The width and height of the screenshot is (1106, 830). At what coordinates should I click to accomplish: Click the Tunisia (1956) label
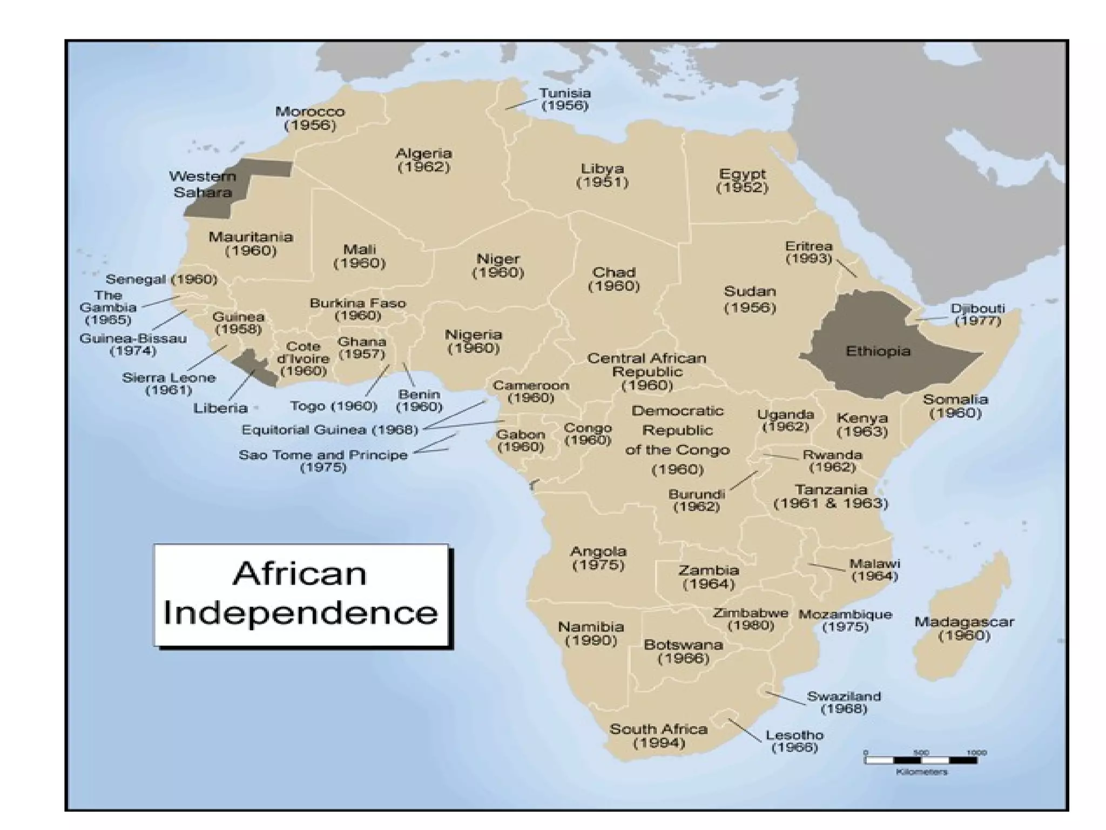coord(565,99)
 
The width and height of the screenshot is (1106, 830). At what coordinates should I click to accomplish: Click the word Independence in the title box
coord(300,613)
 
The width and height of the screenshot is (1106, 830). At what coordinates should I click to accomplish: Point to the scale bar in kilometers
coord(920,760)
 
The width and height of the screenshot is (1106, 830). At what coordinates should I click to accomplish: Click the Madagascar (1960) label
coord(964,628)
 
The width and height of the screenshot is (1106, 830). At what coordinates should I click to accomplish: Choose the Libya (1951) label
coord(602,176)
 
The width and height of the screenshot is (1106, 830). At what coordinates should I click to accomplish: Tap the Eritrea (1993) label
coord(808,252)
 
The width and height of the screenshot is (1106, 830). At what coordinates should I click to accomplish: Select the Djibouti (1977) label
coord(977,314)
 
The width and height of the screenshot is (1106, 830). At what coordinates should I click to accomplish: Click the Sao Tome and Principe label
coord(323,460)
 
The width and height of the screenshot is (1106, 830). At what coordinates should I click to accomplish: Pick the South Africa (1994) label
coord(658,736)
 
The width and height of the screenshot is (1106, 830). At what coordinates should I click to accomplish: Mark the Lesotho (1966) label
coord(794,741)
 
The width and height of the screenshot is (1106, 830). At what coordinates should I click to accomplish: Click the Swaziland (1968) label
coord(844,702)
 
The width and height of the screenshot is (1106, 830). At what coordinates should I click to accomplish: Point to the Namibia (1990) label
coord(591,634)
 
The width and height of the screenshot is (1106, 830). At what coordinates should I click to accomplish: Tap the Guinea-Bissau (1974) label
coord(133,345)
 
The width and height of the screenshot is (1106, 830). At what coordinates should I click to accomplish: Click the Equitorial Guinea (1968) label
coord(330,430)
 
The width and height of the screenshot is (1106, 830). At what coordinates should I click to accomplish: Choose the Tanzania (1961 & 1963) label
coord(831,497)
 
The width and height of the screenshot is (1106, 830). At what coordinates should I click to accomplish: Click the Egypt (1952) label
coord(742,181)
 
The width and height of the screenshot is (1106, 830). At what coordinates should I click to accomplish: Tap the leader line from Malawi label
coord(826,567)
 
